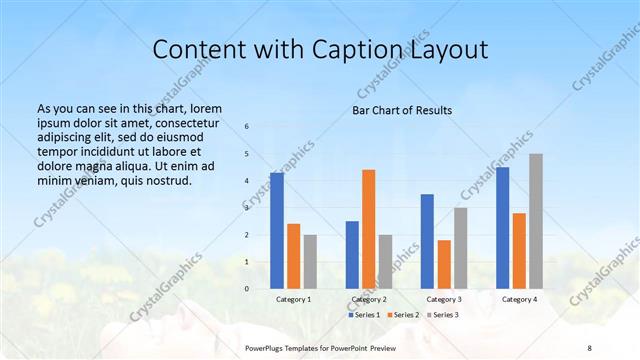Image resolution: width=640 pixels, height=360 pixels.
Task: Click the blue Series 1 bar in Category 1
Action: click(x=276, y=231)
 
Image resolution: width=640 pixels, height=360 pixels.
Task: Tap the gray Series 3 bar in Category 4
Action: click(x=536, y=221)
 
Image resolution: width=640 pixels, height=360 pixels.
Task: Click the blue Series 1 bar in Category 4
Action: click(x=502, y=228)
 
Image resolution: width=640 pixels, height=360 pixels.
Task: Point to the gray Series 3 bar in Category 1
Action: click(x=310, y=262)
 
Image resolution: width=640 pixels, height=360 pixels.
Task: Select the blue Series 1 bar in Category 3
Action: click(x=427, y=241)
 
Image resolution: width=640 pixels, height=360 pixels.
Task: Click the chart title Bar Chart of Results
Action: click(x=401, y=110)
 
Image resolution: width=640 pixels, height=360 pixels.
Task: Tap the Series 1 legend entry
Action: click(x=364, y=315)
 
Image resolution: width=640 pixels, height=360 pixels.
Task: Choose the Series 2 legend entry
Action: click(x=402, y=315)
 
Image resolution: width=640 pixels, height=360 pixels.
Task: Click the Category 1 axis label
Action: click(x=293, y=299)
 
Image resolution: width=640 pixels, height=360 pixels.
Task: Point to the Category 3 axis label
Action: click(x=444, y=299)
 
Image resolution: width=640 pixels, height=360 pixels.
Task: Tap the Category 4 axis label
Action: click(x=519, y=299)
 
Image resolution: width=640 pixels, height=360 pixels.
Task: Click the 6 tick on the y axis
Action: click(x=247, y=127)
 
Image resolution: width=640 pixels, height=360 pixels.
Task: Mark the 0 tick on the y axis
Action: click(x=247, y=289)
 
